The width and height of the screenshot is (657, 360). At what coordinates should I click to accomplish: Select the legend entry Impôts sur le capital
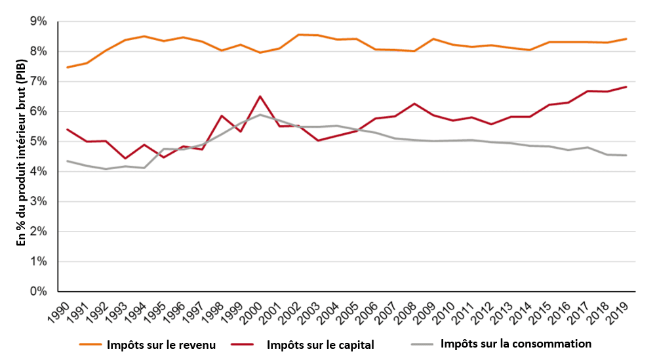320,345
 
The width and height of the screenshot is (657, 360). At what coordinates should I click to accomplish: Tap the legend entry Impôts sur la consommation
516,344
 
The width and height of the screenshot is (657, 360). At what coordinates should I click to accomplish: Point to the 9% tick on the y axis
39,22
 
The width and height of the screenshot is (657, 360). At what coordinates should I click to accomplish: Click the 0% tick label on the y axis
39,291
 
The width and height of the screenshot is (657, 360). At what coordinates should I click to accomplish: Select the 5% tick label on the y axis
39,142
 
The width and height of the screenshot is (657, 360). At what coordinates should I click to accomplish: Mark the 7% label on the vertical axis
39,82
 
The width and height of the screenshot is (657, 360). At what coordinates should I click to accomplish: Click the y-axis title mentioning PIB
20,156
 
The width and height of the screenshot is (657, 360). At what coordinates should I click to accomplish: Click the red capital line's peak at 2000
260,96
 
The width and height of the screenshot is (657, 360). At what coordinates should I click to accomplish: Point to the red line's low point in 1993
125,159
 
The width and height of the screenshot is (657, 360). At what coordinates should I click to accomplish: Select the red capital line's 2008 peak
414,104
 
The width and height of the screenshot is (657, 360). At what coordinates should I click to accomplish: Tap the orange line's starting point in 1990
68,68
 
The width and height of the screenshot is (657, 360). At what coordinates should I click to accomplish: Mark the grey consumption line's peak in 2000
260,115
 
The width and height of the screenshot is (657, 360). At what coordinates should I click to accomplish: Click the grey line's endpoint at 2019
626,155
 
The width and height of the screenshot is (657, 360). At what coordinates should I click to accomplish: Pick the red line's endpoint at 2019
626,87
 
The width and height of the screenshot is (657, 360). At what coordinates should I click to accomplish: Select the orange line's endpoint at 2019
626,39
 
